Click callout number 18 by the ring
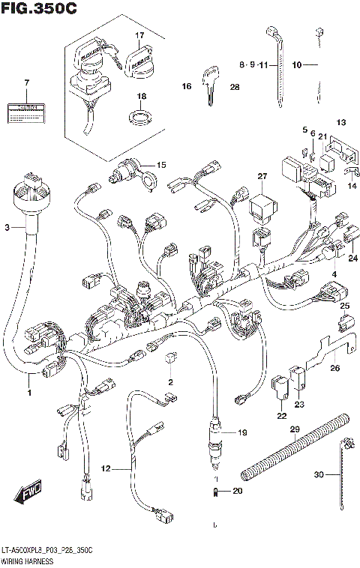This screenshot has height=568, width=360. pyautogui.click(x=139, y=97)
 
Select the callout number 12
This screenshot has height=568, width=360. pyautogui.click(x=106, y=469)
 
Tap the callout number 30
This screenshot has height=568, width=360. pyautogui.click(x=318, y=474)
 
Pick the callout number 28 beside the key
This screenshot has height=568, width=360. pyautogui.click(x=234, y=88)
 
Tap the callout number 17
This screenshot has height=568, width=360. pyautogui.click(x=139, y=35)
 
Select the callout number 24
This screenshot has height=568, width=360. pyautogui.click(x=353, y=259)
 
